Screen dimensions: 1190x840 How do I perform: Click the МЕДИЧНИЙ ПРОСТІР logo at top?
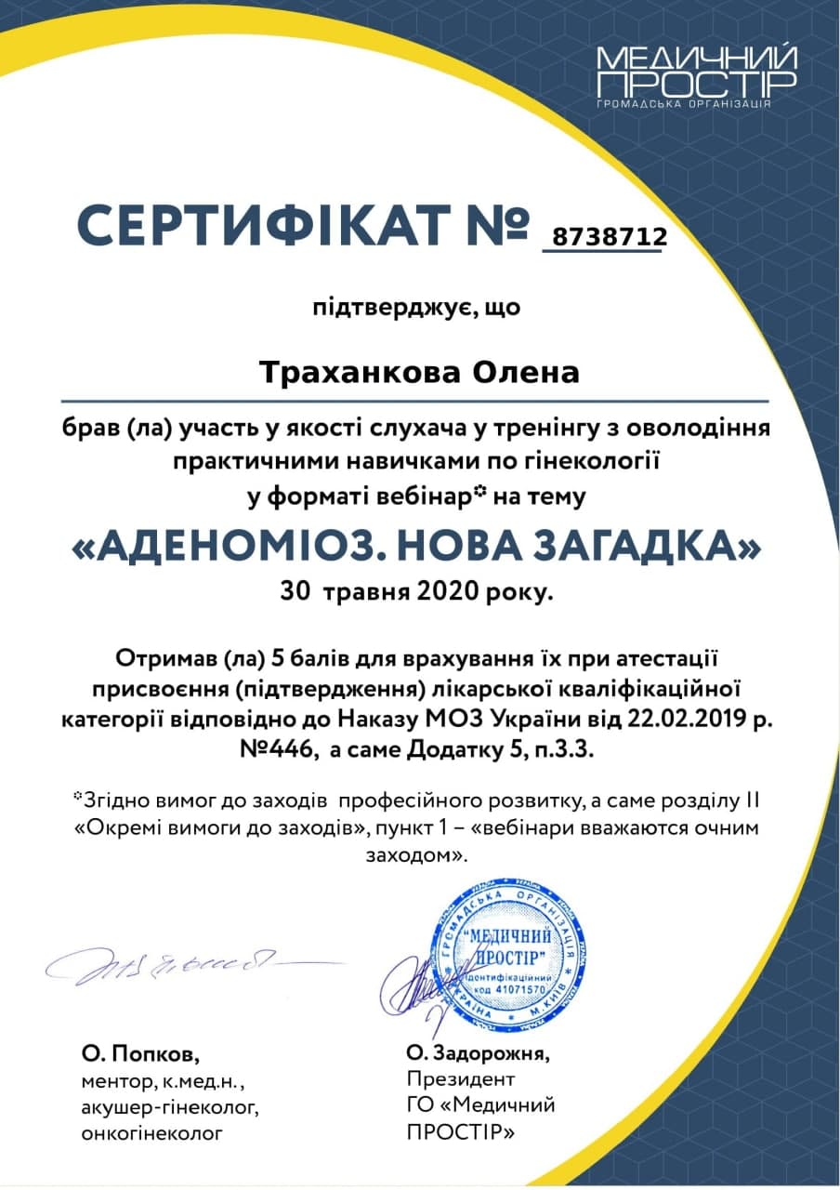(x=696, y=74)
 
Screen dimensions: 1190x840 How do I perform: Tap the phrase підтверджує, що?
(x=415, y=308)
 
